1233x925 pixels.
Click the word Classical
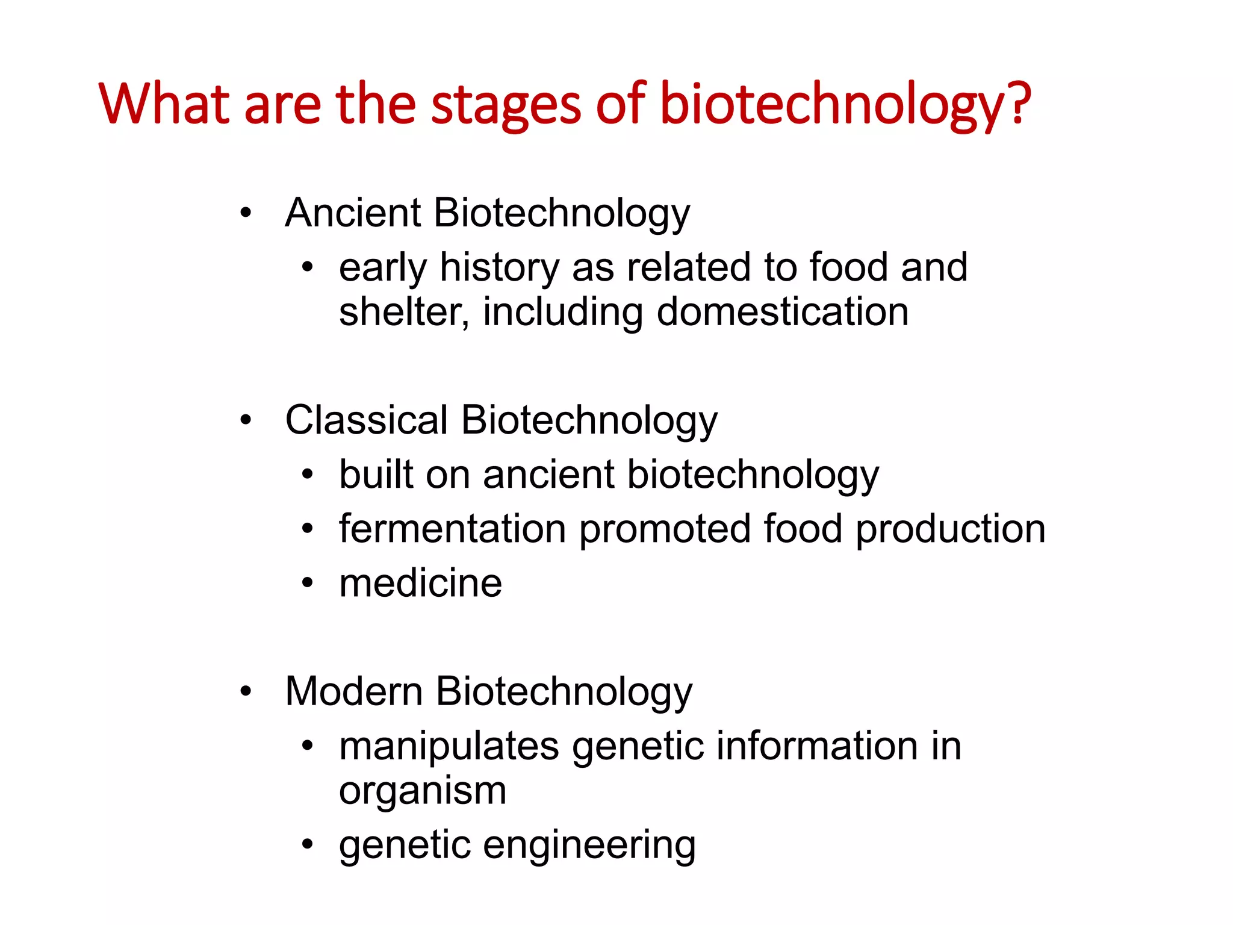click(x=366, y=420)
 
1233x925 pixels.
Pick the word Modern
click(x=353, y=691)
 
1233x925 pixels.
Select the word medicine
click(x=420, y=583)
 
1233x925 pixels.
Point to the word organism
click(x=423, y=790)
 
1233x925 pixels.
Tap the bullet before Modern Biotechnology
click(x=245, y=691)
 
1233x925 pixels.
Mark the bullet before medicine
click(x=308, y=583)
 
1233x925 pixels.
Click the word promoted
click(x=665, y=529)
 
